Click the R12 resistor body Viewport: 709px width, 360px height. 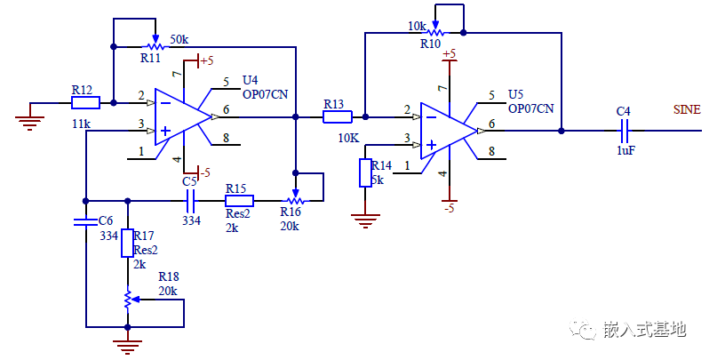[x=85, y=102]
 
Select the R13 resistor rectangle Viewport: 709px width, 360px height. [x=337, y=116]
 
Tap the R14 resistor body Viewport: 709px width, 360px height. [x=364, y=173]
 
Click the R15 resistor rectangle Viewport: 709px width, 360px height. [x=239, y=201]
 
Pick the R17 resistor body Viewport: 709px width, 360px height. [x=127, y=241]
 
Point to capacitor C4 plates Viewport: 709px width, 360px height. [x=625, y=131]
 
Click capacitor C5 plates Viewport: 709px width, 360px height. [x=189, y=201]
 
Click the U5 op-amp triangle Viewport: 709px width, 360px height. [x=448, y=131]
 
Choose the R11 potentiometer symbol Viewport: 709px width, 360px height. [x=155, y=43]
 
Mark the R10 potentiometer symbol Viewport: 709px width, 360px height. [x=436, y=31]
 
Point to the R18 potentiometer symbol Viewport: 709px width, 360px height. [x=128, y=300]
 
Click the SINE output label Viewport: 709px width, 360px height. [x=687, y=110]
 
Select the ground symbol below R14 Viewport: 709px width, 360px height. [x=364, y=218]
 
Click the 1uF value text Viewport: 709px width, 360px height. [x=625, y=151]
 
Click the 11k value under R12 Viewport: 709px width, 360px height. [x=82, y=124]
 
